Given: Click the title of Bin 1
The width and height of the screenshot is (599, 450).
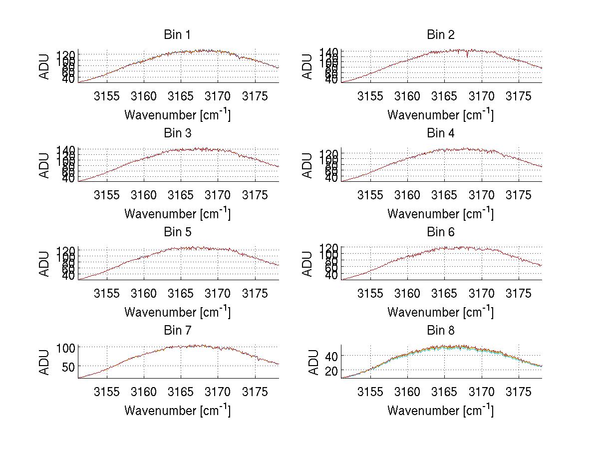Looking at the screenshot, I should tap(177, 35).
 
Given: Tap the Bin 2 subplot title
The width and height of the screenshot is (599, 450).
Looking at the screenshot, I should tap(440, 35).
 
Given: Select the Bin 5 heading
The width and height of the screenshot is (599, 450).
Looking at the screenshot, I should tap(177, 232).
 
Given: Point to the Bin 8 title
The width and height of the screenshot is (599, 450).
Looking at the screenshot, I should tap(440, 331).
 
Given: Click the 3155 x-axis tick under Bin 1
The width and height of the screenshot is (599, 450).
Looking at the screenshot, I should tap(107, 96).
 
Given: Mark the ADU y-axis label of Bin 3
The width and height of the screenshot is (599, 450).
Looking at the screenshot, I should tap(45, 165).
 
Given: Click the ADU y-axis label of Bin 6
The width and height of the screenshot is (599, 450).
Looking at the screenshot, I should tap(308, 264).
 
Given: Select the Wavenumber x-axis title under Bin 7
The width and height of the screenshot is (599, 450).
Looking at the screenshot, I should tap(177, 410).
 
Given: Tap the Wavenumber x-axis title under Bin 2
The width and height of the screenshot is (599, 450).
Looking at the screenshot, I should tap(440, 114).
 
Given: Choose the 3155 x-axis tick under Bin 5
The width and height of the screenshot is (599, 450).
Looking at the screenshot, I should tap(107, 293).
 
